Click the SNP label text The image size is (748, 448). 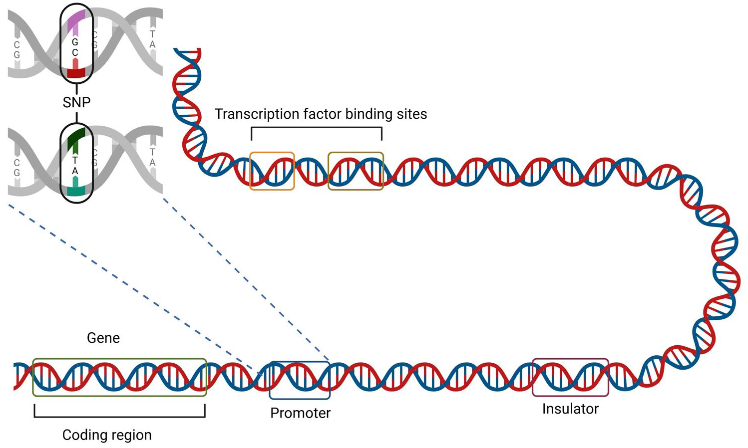(x=76, y=102)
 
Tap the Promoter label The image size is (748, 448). (x=300, y=413)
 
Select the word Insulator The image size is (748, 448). (x=570, y=409)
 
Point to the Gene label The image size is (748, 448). (x=103, y=338)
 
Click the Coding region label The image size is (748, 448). (x=107, y=435)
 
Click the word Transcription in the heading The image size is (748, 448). (x=257, y=114)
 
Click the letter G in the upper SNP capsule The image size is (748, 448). (x=75, y=42)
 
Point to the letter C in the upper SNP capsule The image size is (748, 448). (x=75, y=53)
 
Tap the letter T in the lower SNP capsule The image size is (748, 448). (x=75, y=161)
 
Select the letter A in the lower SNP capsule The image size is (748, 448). (x=75, y=171)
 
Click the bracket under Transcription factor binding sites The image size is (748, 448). (x=317, y=128)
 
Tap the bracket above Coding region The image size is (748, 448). (x=120, y=416)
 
